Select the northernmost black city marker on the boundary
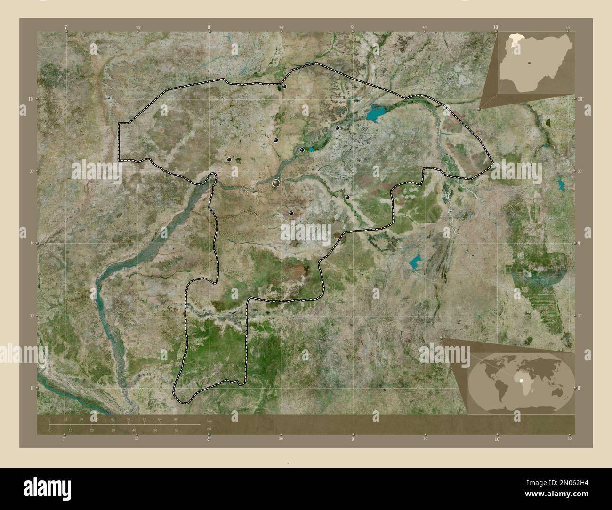click(x=284, y=86)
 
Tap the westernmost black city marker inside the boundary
click(x=229, y=160)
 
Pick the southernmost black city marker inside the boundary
click(x=291, y=213)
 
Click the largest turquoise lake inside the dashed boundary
click(x=377, y=112)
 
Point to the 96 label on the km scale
click(x=176, y=419)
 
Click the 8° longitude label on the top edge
click(x=209, y=28)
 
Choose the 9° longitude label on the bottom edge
click(x=353, y=438)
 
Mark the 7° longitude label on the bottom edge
click(x=64, y=438)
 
